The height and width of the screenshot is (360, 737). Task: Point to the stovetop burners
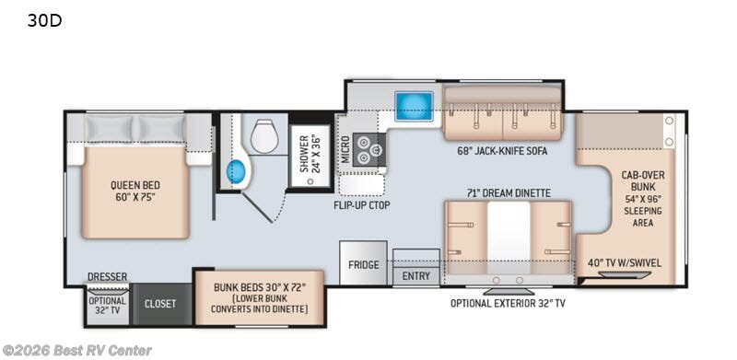point(368,148)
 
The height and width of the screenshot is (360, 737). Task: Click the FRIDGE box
point(363,265)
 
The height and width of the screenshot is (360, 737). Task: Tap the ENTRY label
point(415,274)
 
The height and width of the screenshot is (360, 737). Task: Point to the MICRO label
point(345,148)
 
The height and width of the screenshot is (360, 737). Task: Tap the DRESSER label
point(108,276)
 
